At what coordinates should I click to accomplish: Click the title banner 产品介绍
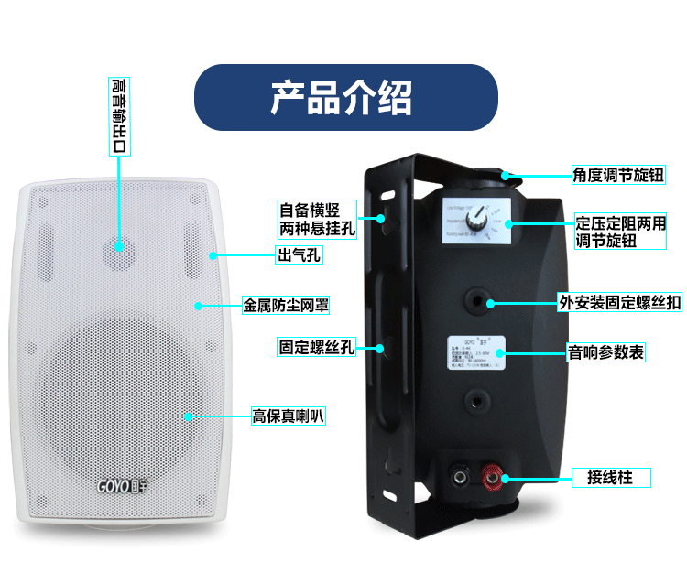pyautogui.click(x=343, y=96)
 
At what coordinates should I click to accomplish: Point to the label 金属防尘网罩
pyautogui.click(x=284, y=303)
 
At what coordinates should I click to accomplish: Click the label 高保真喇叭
pyautogui.click(x=289, y=416)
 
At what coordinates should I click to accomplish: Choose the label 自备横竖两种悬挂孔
pyautogui.click(x=317, y=219)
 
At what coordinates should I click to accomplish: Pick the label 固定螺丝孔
pyautogui.click(x=316, y=347)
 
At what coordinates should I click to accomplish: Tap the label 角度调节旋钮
pyautogui.click(x=617, y=174)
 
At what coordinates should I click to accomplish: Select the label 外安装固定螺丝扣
pyautogui.click(x=620, y=302)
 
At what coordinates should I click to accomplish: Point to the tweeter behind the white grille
pyautogui.click(x=119, y=245)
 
